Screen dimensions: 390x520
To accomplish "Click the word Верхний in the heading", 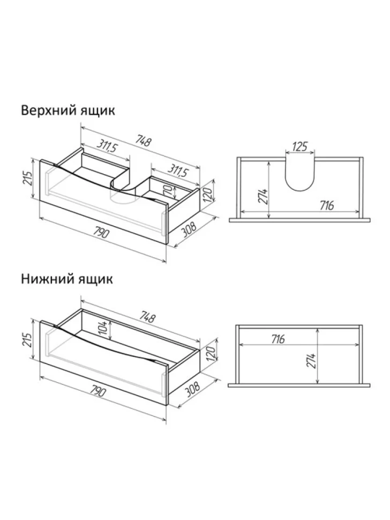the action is (48, 110).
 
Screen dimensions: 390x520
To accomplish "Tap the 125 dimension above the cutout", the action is (300, 146).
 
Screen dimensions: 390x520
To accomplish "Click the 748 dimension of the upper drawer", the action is (144, 142).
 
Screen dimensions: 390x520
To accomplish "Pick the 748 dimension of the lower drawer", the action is (146, 316).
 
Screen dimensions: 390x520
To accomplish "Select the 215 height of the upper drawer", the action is (27, 179).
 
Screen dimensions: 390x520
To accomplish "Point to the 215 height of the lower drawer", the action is (27, 339).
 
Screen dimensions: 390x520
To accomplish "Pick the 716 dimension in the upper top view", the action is (327, 206).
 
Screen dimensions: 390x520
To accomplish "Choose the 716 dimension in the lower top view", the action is (278, 339).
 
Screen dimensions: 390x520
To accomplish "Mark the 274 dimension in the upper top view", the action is (263, 197).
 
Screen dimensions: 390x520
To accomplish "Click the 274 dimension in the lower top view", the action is (312, 360).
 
